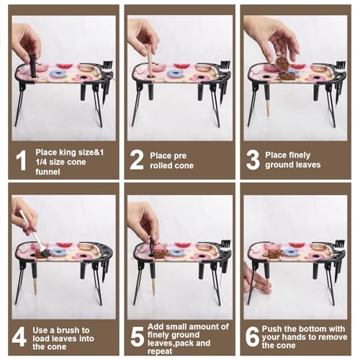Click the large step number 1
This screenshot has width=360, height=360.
[21, 161]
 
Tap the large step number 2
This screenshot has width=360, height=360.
[137, 160]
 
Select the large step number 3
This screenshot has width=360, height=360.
[253, 160]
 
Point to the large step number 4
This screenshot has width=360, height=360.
[19, 338]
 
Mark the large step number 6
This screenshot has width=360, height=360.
[252, 336]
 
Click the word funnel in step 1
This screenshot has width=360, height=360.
[48, 172]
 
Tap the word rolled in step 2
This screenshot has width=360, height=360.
[161, 166]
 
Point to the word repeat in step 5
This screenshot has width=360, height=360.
[160, 351]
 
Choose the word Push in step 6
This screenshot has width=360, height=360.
[271, 329]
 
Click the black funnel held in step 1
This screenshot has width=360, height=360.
[33, 66]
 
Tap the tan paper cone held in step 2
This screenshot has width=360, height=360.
[150, 63]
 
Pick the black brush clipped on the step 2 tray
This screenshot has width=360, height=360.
[225, 66]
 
